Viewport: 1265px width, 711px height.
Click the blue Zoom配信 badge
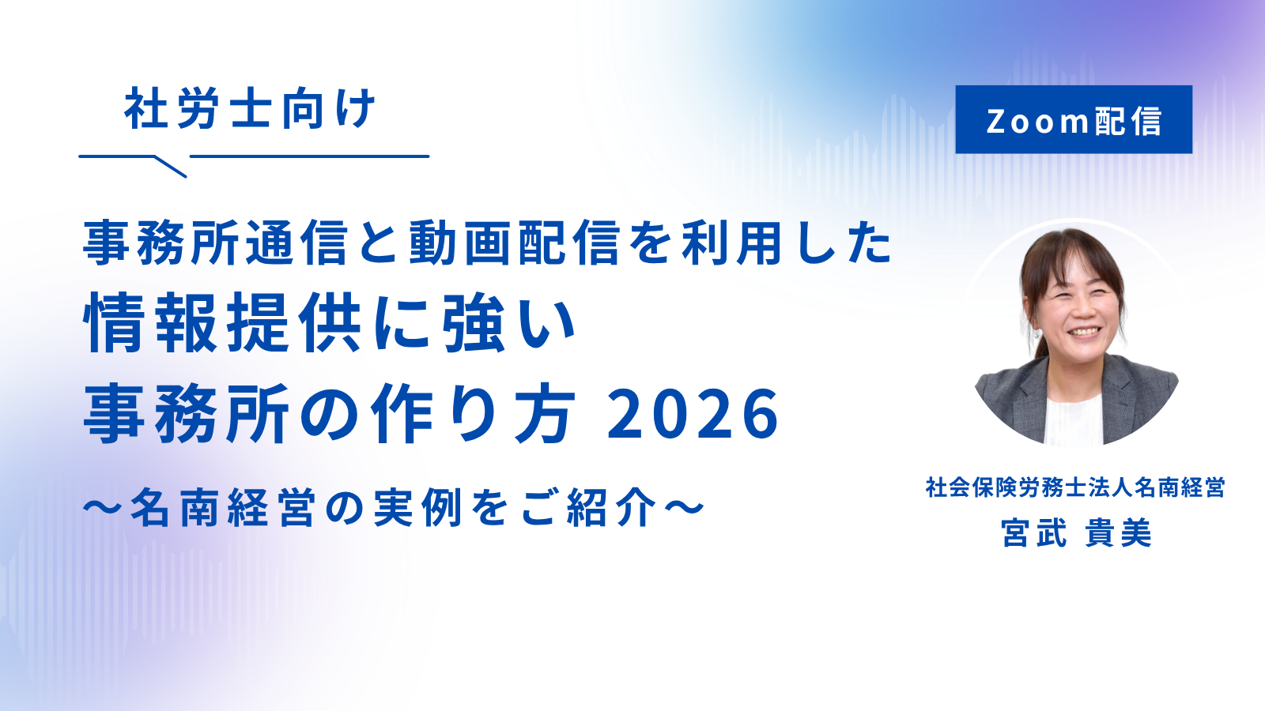click(x=1074, y=119)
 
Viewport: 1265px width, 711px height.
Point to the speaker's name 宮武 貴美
click(x=1076, y=532)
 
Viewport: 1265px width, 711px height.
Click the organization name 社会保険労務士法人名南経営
click(x=1075, y=487)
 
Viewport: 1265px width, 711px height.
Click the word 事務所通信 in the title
click(x=215, y=244)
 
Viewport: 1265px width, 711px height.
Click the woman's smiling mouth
click(x=1084, y=332)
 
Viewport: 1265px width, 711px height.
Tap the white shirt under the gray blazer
click(x=1073, y=420)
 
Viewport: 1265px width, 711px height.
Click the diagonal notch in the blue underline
click(x=171, y=167)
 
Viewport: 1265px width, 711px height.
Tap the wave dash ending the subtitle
click(x=685, y=506)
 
